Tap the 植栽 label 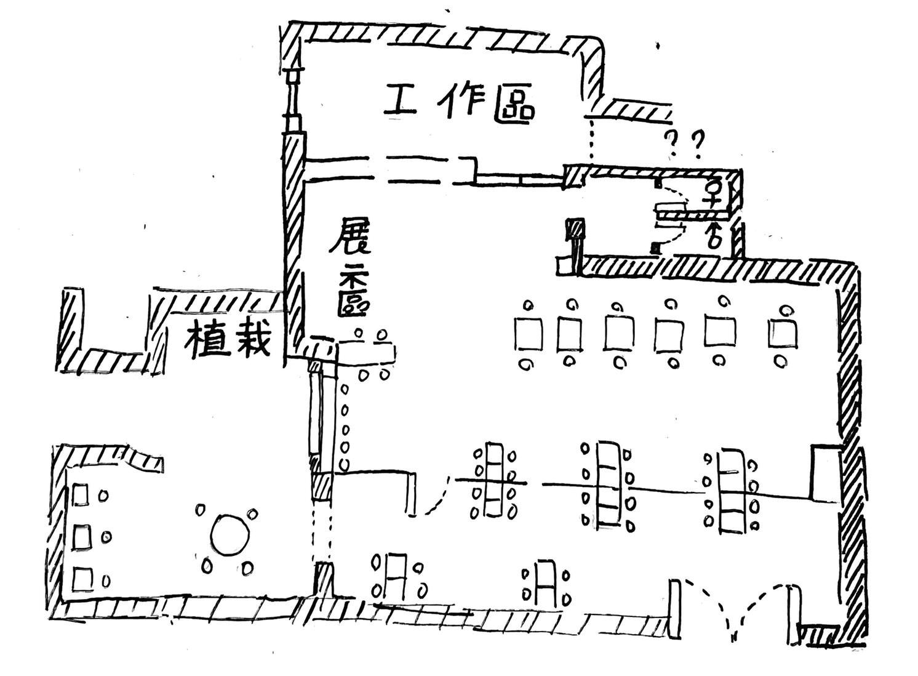pyautogui.click(x=228, y=339)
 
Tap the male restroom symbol pyautogui.click(x=714, y=235)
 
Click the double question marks pyautogui.click(x=685, y=145)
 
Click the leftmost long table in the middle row pyautogui.click(x=493, y=480)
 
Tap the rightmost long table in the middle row pyautogui.click(x=731, y=491)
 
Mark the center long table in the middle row pyautogui.click(x=608, y=484)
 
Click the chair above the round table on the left pyautogui.click(x=201, y=510)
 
